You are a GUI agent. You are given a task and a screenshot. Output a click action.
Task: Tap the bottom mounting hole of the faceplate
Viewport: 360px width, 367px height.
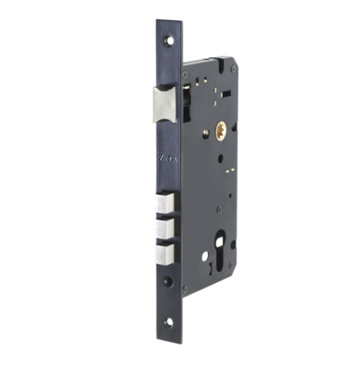[x=168, y=322]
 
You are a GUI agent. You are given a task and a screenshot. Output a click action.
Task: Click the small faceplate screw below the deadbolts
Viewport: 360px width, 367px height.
[x=168, y=281]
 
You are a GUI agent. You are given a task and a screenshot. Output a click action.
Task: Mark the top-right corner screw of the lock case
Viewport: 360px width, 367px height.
[x=233, y=69]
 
